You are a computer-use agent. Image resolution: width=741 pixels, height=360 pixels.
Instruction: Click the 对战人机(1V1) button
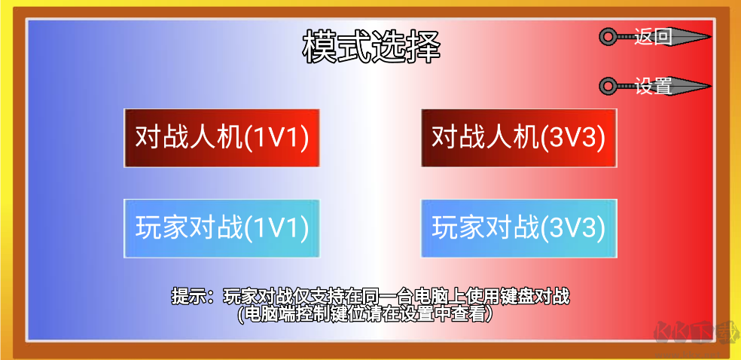(222, 138)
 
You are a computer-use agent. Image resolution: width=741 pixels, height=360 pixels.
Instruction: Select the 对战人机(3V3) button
(519, 138)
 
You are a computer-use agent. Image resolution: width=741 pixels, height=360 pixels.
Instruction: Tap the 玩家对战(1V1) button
(222, 228)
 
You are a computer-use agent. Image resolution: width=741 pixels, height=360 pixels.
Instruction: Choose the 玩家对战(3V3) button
(519, 228)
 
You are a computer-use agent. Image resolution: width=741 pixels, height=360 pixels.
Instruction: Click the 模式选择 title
(370, 47)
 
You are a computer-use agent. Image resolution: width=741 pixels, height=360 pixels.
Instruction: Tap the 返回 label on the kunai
(653, 36)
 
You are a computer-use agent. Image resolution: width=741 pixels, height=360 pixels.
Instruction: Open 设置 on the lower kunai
(653, 87)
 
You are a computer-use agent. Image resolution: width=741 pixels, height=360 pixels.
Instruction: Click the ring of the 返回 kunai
(607, 36)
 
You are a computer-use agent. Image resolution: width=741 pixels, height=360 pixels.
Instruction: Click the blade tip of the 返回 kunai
(707, 36)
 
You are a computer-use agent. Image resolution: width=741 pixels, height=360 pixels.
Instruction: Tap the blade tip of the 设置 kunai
(707, 87)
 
